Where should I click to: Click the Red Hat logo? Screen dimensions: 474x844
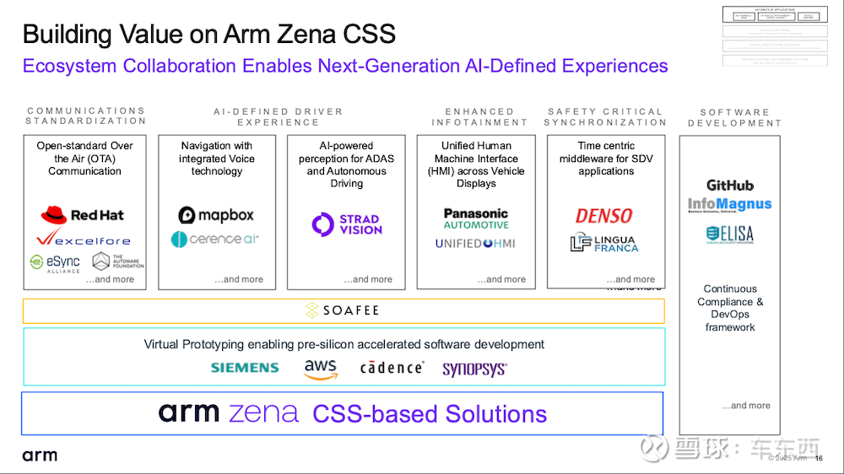click(x=82, y=215)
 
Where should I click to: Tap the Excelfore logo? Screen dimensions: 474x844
click(x=83, y=240)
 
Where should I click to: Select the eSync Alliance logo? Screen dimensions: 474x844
click(x=55, y=263)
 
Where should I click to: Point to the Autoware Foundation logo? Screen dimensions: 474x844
click(x=117, y=261)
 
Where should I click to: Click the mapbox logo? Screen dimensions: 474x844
click(x=216, y=215)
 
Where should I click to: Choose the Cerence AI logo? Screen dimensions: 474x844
click(x=215, y=240)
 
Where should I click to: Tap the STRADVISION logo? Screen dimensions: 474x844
click(x=346, y=224)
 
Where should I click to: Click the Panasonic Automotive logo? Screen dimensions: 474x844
click(x=476, y=219)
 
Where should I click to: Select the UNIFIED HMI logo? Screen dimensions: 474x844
click(x=475, y=244)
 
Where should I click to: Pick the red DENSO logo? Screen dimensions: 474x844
click(x=604, y=216)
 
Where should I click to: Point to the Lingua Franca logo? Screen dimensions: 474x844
click(x=604, y=244)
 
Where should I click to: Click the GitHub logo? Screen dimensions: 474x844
click(x=730, y=186)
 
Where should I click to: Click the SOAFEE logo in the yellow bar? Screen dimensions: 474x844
click(x=343, y=310)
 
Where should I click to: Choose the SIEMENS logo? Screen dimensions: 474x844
click(x=245, y=368)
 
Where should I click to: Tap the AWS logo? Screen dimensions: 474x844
click(x=321, y=369)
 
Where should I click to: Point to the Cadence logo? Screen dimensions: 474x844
click(x=392, y=368)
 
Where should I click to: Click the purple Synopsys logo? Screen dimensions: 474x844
click(x=474, y=369)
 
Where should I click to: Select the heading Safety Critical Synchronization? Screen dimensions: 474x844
click(x=605, y=116)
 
